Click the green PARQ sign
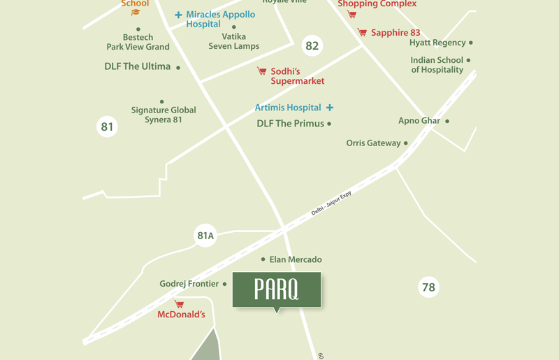coord(277,289)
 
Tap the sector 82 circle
coord(312,46)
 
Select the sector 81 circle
coord(107,127)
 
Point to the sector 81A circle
coord(205,236)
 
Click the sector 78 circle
coord(428,287)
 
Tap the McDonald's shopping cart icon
coord(179,304)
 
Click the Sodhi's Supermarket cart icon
coord(261,71)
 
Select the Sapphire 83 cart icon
coord(362,32)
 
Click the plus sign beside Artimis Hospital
coord(330,108)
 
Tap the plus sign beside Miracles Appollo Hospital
coord(178,15)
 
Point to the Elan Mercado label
coord(296,259)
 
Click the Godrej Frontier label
coord(189,284)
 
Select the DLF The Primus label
coord(290,124)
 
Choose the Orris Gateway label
coord(373,143)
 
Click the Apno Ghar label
coord(419,121)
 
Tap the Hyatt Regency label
coord(437,43)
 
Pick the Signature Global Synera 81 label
coord(164,115)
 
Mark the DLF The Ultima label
coord(137,66)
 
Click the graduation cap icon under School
coord(136,12)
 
